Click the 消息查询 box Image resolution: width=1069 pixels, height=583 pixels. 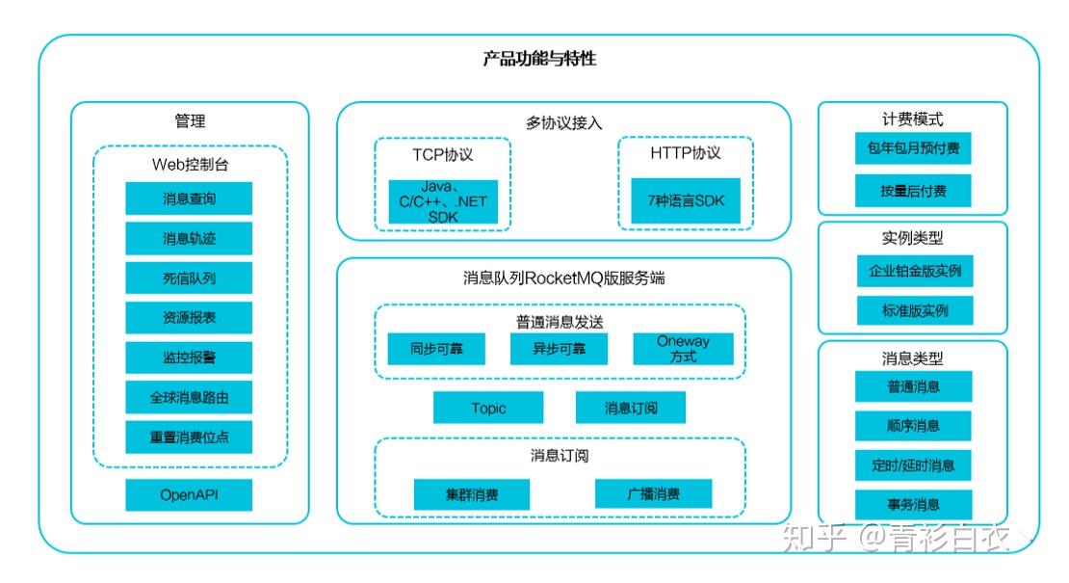coord(189,199)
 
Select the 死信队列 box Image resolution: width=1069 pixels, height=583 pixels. coord(189,278)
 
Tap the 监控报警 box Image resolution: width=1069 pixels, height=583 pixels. coord(189,357)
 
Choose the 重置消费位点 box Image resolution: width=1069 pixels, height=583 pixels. coord(189,437)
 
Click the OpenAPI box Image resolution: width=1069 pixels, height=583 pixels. coord(189,495)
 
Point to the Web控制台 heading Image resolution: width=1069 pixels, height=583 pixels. coord(190,164)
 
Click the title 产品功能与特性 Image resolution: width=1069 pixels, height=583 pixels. coord(539,59)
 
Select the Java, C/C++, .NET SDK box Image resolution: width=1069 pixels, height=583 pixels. coord(443,202)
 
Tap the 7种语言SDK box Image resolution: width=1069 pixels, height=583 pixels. coord(686,200)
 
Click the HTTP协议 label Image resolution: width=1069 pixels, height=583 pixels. coord(686,153)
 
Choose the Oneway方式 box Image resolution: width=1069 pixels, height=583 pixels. coord(683,349)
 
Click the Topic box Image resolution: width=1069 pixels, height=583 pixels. coord(488,408)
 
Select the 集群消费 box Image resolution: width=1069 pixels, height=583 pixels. coord(472,494)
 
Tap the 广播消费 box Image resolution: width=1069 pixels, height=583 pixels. coord(653,493)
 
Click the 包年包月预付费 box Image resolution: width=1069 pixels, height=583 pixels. coord(913,149)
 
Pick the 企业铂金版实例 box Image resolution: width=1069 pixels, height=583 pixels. coord(913,271)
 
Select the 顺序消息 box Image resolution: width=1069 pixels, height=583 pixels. coord(913,425)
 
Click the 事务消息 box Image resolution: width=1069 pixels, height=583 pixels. coord(913,504)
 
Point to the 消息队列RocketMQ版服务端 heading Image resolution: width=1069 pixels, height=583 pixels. coord(563,278)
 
